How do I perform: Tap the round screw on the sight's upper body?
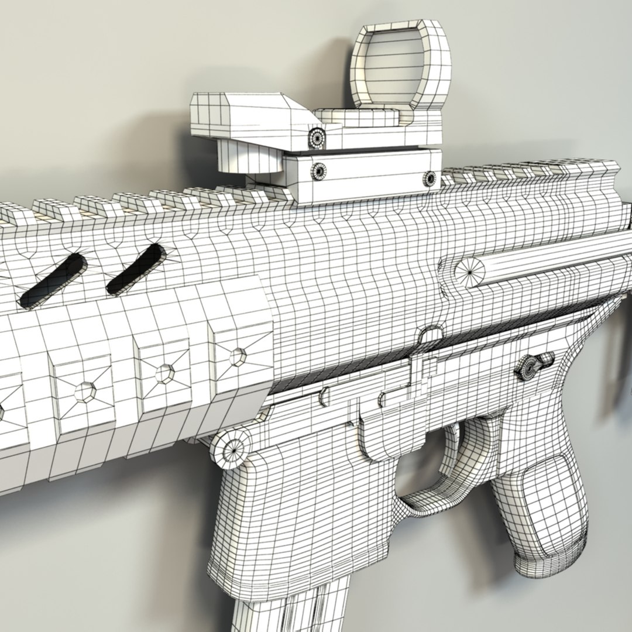[317, 138]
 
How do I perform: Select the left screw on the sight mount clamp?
[320, 171]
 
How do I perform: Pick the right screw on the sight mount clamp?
[430, 177]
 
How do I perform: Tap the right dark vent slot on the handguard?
[136, 269]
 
